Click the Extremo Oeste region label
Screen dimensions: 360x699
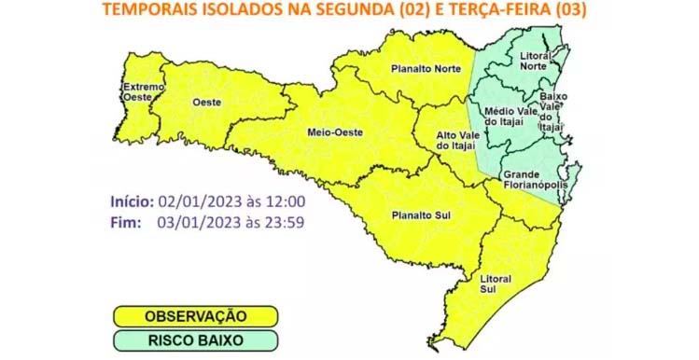click(143, 90)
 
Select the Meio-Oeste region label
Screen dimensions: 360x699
click(329, 132)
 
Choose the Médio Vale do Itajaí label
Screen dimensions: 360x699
click(510, 118)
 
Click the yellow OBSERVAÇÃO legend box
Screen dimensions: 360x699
click(194, 317)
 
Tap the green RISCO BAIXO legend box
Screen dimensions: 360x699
click(194, 340)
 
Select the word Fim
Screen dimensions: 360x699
click(124, 222)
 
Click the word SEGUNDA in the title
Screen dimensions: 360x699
click(351, 11)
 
